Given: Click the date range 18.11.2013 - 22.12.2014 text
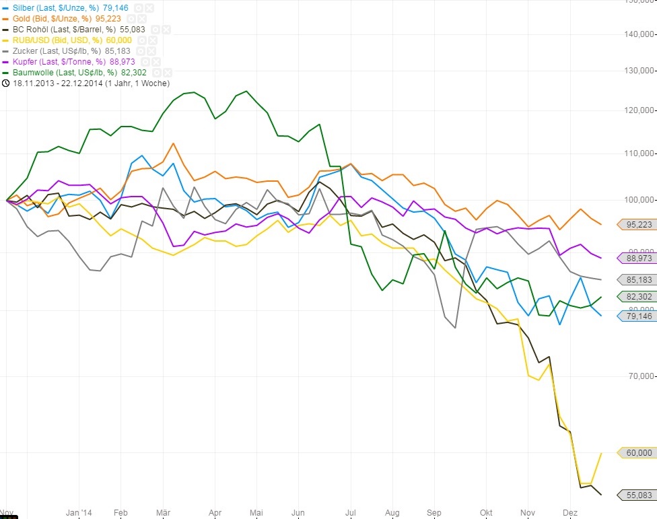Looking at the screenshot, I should coord(90,83).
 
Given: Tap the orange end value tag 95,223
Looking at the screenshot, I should coord(637,225).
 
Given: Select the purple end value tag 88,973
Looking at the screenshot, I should coord(637,258).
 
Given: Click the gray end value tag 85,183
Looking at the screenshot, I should coord(637,279).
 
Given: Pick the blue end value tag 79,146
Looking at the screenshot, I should coord(637,316).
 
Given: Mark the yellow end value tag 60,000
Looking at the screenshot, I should coord(637,453).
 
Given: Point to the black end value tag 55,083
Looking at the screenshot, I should coord(637,495).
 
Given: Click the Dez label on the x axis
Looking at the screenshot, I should coord(569,513).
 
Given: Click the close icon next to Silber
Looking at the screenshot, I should coord(149,8).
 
